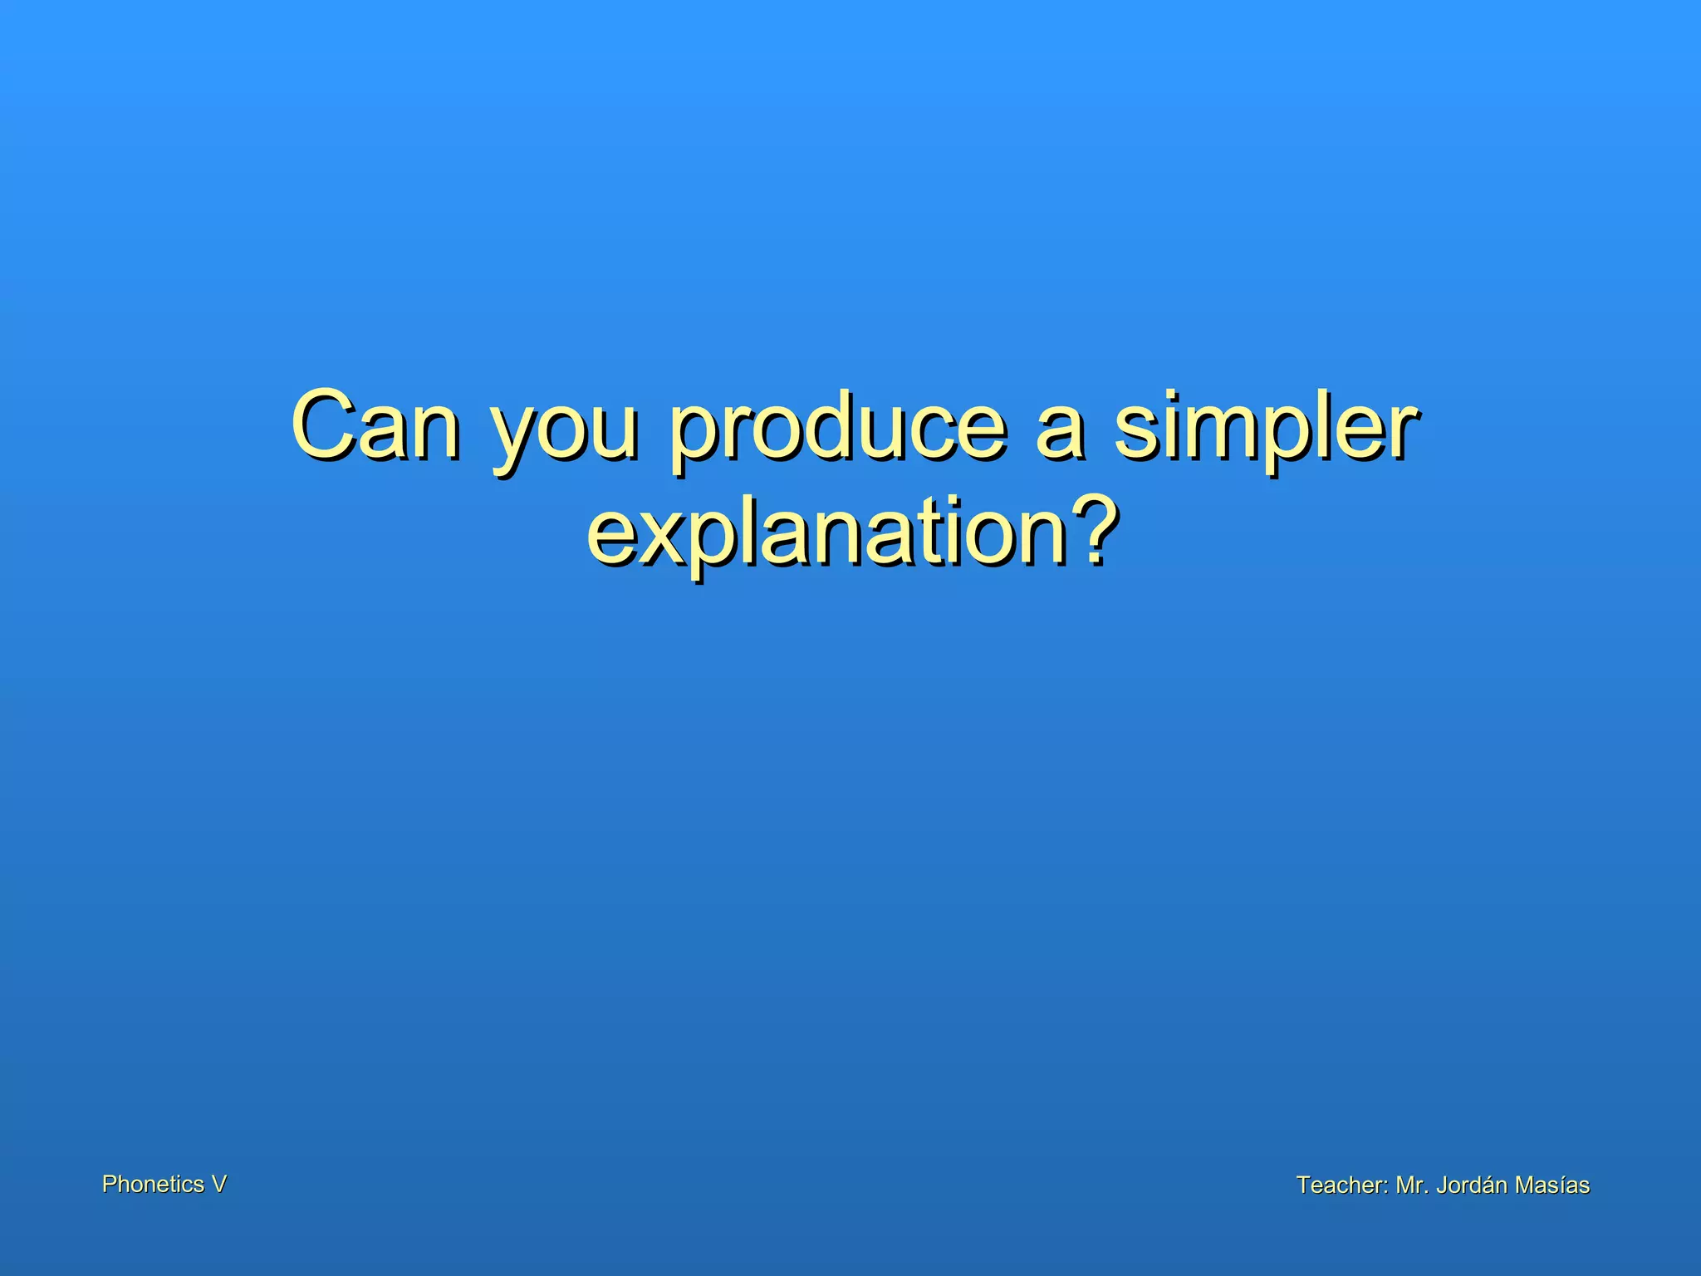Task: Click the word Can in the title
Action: (x=375, y=425)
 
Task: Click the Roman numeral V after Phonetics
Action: (x=218, y=1185)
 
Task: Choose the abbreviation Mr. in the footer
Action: (x=1412, y=1185)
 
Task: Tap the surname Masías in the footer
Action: (x=1552, y=1185)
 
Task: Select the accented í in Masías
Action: (x=1561, y=1185)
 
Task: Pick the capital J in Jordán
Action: (x=1441, y=1185)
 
